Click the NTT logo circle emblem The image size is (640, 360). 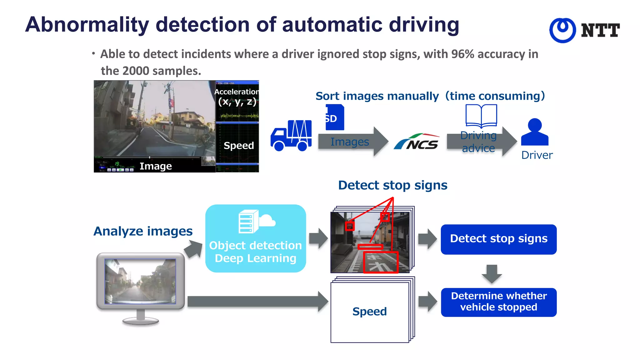point(562,30)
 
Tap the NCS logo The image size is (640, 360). point(417,142)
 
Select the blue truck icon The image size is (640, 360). point(291,136)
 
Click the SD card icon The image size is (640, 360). point(334,117)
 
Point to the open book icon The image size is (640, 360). point(481,116)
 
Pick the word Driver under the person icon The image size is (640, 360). point(537,155)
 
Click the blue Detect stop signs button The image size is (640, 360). point(498,239)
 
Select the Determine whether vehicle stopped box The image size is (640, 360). point(498,302)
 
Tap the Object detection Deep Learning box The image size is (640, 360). point(255,238)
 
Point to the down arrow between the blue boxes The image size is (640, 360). point(492,274)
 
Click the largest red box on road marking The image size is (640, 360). point(381,262)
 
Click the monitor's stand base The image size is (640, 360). point(141,320)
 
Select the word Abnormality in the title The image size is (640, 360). point(87,25)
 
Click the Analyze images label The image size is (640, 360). point(143,231)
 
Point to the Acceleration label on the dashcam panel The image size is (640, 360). point(237,92)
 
